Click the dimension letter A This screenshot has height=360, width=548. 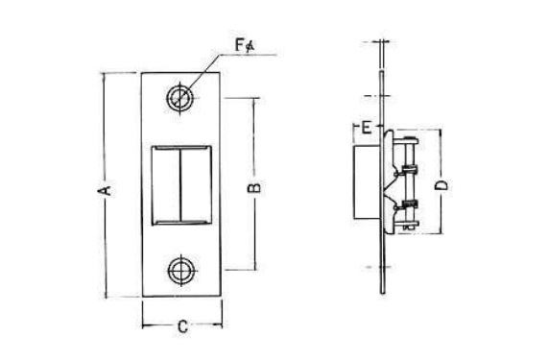tap(106, 191)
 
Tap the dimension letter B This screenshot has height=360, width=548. tap(254, 188)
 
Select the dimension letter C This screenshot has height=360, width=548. tap(182, 326)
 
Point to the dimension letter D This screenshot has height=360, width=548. tap(441, 185)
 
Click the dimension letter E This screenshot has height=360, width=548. tap(367, 128)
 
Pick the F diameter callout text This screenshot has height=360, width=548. tap(245, 45)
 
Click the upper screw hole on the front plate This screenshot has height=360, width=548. tap(180, 97)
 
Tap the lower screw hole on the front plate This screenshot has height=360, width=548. tap(181, 271)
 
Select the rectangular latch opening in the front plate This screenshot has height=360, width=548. tap(181, 185)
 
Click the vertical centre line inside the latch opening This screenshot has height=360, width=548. tap(180, 185)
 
